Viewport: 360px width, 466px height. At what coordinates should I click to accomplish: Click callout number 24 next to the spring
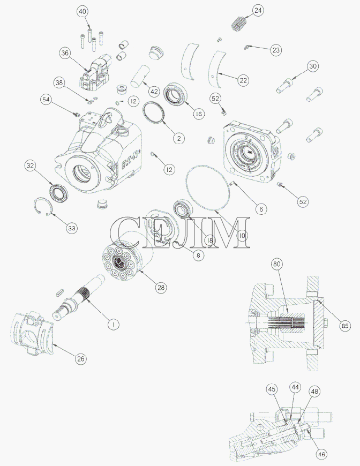258,10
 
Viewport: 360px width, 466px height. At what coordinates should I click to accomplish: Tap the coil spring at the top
239,23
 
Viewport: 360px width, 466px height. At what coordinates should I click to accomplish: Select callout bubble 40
82,12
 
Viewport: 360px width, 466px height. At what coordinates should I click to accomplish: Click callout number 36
65,53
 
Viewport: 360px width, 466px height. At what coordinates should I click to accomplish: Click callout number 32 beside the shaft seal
31,165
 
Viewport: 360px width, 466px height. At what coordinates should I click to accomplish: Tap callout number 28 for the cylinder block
161,288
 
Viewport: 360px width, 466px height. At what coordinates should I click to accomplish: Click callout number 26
80,359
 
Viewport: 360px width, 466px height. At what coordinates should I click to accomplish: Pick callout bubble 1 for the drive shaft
113,324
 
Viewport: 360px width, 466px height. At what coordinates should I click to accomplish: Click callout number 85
344,326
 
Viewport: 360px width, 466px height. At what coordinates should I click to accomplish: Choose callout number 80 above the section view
277,264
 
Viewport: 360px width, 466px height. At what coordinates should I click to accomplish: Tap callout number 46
321,454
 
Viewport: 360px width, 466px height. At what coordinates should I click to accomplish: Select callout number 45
272,389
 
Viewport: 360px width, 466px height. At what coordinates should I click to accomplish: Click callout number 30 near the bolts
313,66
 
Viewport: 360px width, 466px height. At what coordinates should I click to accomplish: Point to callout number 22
243,80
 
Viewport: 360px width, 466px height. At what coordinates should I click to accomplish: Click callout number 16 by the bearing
199,114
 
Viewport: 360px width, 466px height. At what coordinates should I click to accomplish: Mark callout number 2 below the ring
179,138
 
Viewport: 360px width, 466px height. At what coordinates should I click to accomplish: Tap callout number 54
46,100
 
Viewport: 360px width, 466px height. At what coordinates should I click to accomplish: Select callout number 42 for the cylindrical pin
154,91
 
